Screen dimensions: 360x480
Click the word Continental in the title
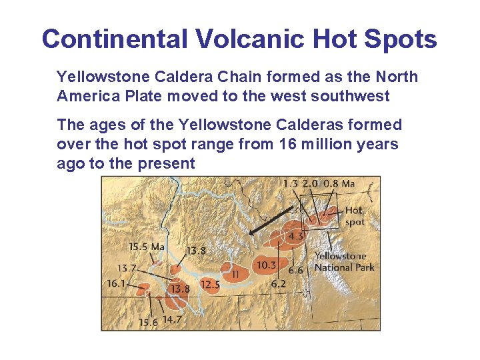[x=115, y=39]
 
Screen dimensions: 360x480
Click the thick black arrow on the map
[x=271, y=220]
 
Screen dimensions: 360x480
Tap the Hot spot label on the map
[x=354, y=216]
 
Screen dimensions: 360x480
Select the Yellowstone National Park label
[x=344, y=261]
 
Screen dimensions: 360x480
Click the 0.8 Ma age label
[x=339, y=184]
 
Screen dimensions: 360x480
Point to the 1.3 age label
[x=291, y=184]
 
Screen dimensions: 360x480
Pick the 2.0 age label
[x=311, y=184]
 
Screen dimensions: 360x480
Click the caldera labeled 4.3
[x=296, y=235]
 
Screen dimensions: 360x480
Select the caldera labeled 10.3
[x=267, y=265]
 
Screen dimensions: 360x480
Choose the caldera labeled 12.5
[x=210, y=285]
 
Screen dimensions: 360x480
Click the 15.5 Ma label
[x=146, y=247]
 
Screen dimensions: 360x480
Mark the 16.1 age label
[x=115, y=283]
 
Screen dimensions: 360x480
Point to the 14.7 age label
[x=172, y=320]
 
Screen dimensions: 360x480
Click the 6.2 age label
[x=279, y=283]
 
